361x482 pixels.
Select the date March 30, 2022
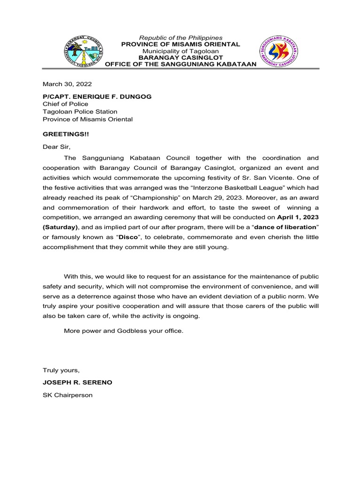(x=67, y=84)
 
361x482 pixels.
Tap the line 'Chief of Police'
(x=65, y=104)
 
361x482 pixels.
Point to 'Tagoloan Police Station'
(x=80, y=112)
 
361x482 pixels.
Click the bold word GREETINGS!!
(x=65, y=134)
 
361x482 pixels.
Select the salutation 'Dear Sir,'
(x=56, y=147)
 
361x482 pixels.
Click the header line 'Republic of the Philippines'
(x=180, y=38)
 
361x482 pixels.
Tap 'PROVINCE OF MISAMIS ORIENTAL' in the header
(x=180, y=44)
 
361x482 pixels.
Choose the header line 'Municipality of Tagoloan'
(x=180, y=51)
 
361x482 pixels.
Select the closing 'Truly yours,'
(x=61, y=370)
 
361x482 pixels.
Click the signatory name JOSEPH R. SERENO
(x=78, y=382)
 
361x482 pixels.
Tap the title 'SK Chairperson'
(x=68, y=395)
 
